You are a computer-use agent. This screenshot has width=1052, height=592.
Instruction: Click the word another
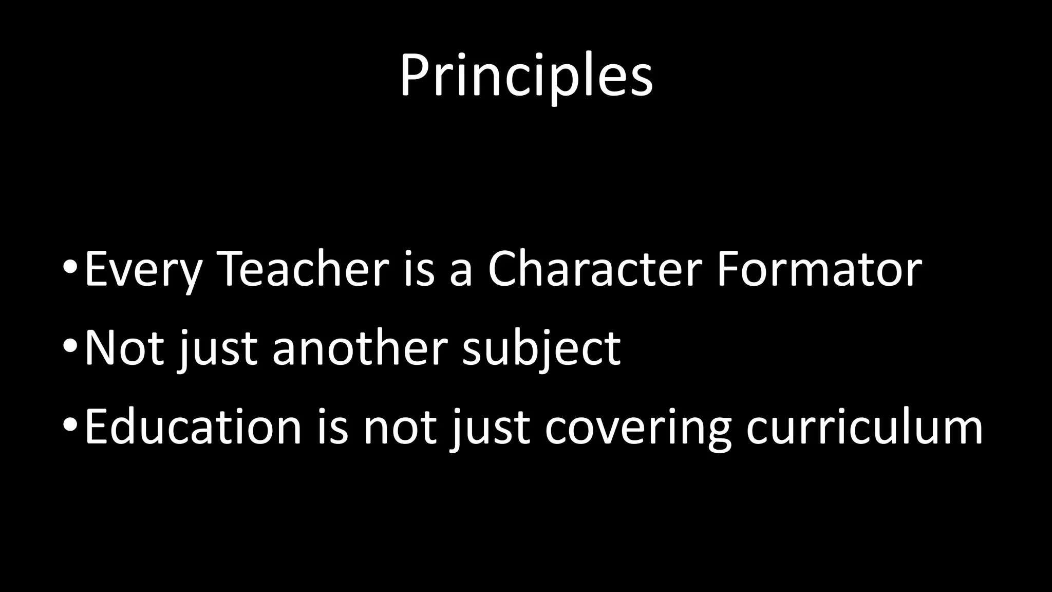[x=360, y=348]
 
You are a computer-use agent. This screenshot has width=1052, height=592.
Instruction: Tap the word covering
[x=637, y=428]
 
